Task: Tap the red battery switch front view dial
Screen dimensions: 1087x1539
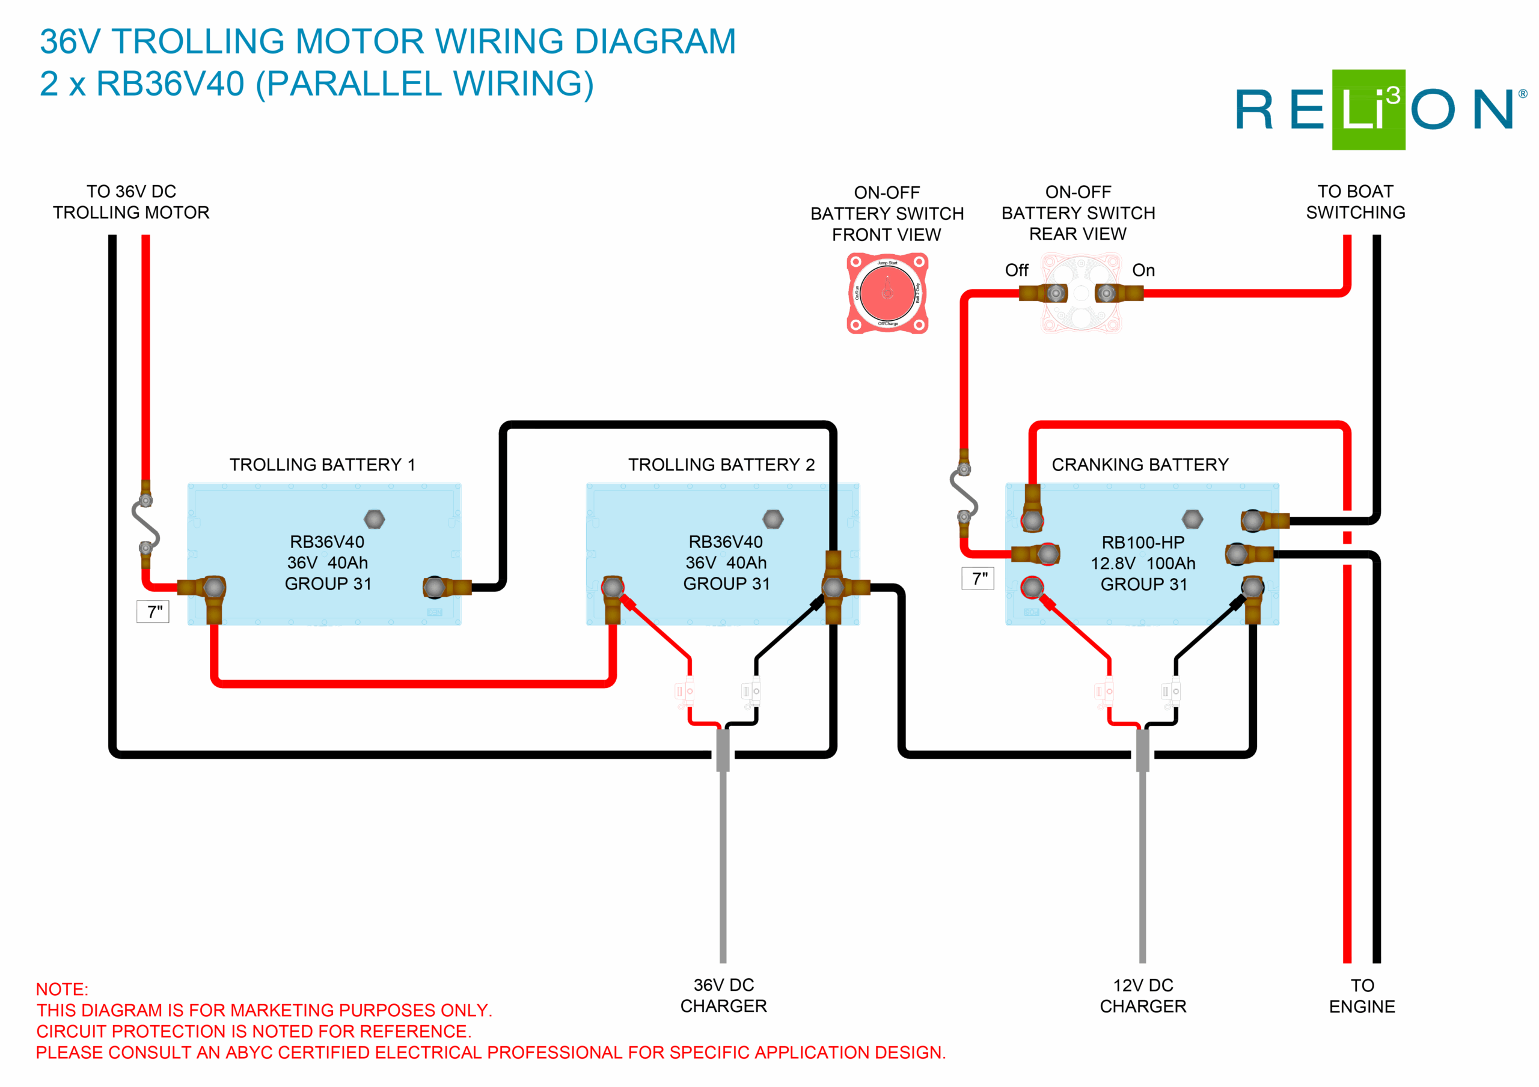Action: point(887,293)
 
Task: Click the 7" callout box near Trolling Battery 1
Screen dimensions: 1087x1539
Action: point(153,611)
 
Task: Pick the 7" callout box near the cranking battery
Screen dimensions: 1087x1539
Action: point(979,578)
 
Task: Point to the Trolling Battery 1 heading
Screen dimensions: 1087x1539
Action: point(322,464)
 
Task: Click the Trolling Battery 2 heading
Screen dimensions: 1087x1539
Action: point(721,464)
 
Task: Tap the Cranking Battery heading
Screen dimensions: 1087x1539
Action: point(1139,464)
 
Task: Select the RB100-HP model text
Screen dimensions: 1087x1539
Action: point(1143,542)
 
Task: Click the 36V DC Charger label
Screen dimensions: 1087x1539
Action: point(723,995)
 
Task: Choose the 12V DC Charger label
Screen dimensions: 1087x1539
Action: point(1143,996)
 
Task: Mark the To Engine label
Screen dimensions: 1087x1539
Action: point(1362,996)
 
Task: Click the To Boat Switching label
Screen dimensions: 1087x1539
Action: point(1355,202)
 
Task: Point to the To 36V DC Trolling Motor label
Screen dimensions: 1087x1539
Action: point(132,202)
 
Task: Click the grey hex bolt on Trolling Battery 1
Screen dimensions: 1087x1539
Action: point(374,519)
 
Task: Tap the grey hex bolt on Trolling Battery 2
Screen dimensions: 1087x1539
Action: point(773,519)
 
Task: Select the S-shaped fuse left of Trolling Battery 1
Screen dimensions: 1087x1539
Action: point(145,524)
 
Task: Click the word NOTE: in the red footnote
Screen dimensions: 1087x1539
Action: point(62,989)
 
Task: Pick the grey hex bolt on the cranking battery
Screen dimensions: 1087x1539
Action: point(1192,519)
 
